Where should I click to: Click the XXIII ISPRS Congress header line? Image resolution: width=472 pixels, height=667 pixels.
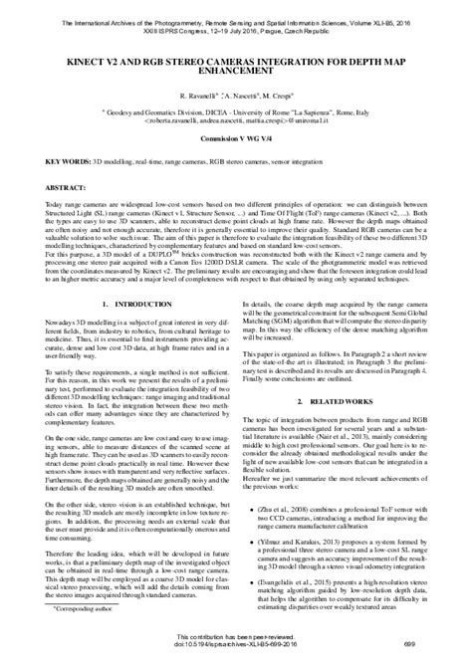click(x=236, y=18)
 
